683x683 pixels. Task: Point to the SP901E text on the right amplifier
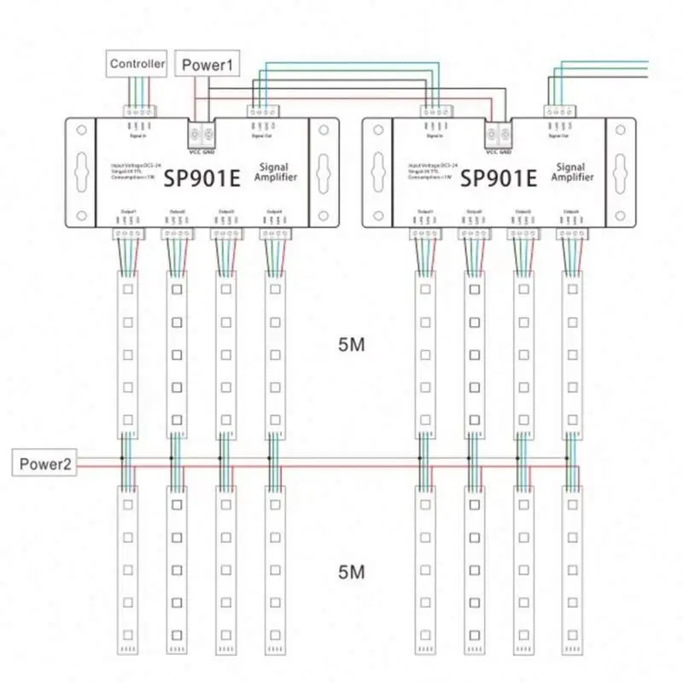click(499, 178)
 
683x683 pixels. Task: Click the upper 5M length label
click(351, 345)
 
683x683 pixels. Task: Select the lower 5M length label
click(351, 571)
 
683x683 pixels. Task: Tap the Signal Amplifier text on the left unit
click(272, 173)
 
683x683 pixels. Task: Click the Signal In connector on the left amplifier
click(136, 112)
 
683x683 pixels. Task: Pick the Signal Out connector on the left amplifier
click(260, 112)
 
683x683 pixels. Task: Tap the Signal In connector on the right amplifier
click(433, 112)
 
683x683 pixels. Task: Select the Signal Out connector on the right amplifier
click(557, 112)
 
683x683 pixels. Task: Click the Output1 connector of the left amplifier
click(125, 233)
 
